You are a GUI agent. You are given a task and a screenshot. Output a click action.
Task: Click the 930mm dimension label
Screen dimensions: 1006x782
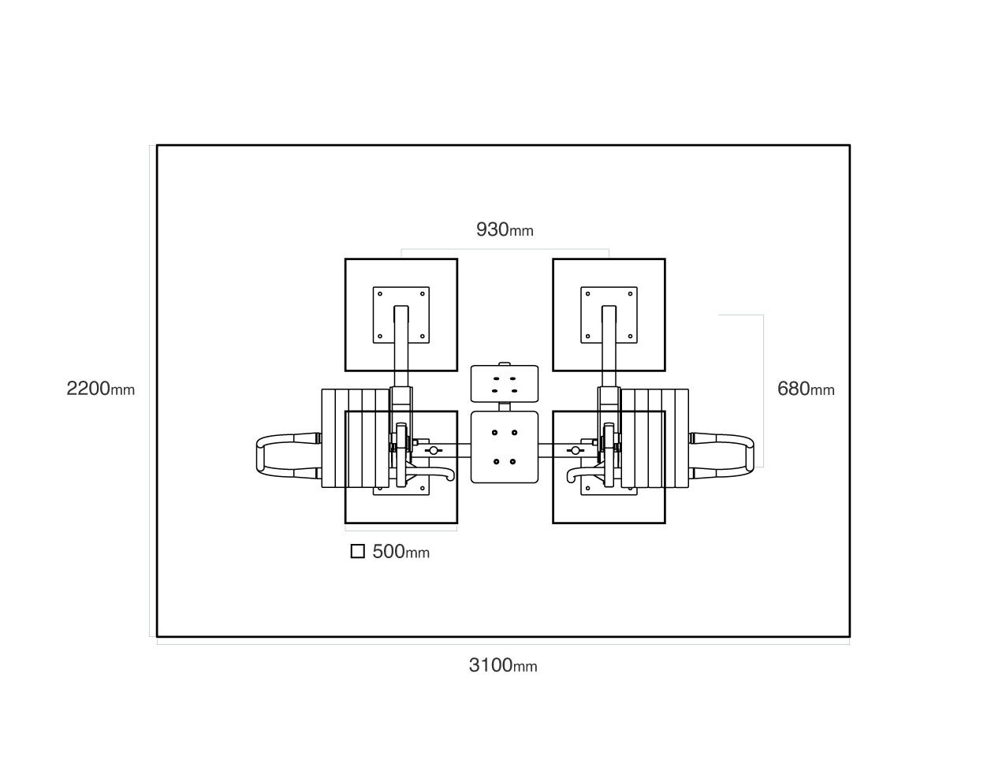click(x=505, y=229)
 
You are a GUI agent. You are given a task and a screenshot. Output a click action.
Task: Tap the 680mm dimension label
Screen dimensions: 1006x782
click(x=806, y=389)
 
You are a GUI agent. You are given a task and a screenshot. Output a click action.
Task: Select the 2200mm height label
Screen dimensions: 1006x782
click(x=100, y=388)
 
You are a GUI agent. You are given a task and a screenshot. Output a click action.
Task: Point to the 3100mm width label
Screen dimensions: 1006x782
click(x=503, y=665)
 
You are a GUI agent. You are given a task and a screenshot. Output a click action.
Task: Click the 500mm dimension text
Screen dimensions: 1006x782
click(x=401, y=551)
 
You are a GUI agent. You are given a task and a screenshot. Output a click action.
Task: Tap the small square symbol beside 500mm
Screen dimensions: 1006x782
click(x=357, y=551)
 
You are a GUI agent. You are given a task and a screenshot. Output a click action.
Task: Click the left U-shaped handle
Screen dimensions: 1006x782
click(x=260, y=456)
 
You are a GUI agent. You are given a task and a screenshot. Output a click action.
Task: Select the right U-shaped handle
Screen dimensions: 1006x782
click(x=750, y=456)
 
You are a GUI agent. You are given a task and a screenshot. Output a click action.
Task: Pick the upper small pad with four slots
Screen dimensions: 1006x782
click(x=504, y=384)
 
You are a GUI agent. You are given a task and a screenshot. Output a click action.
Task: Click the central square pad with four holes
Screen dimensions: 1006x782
click(x=504, y=447)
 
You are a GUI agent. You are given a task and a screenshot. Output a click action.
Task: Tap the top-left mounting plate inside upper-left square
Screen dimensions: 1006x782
click(x=401, y=315)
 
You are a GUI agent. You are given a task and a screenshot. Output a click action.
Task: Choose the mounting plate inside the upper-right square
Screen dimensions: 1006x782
click(x=609, y=315)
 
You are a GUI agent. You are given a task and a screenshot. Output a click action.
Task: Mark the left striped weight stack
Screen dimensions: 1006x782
click(x=356, y=438)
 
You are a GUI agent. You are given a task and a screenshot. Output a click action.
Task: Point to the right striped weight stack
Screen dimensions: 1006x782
click(x=654, y=438)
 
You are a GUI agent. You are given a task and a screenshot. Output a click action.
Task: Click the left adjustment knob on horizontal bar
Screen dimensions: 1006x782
click(x=434, y=450)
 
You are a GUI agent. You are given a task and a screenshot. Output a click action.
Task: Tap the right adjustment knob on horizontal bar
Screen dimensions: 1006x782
click(x=576, y=450)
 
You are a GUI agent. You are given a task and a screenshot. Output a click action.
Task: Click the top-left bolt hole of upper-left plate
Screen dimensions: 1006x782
click(x=380, y=294)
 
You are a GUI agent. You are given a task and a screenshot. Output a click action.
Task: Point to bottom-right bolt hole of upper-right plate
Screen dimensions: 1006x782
click(x=630, y=337)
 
